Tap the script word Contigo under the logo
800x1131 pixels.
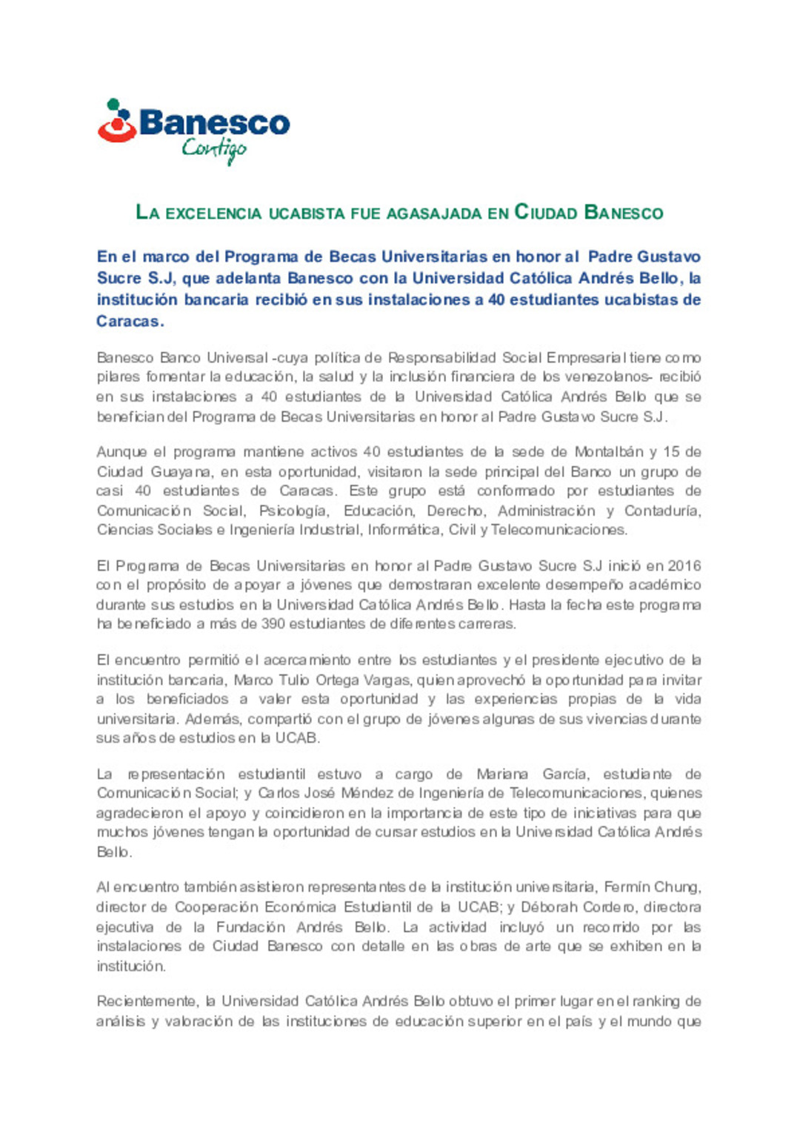click(214, 150)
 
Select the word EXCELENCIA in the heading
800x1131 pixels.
click(213, 213)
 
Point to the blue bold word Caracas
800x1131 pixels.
click(129, 321)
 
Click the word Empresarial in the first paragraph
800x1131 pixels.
click(586, 358)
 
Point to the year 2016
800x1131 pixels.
click(684, 566)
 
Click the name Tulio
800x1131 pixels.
click(293, 680)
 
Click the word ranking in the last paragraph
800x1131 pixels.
click(655, 1001)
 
